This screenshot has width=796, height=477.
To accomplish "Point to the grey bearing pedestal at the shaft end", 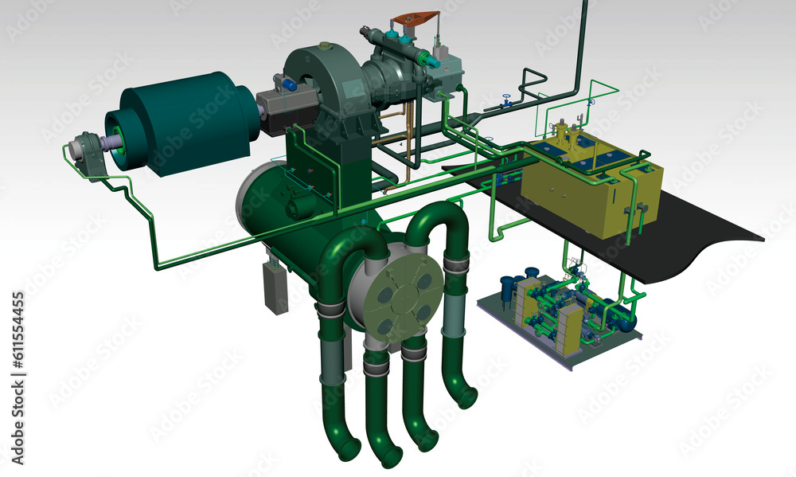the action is tap(89, 155).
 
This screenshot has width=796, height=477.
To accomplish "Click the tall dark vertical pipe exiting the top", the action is tap(582, 45).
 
